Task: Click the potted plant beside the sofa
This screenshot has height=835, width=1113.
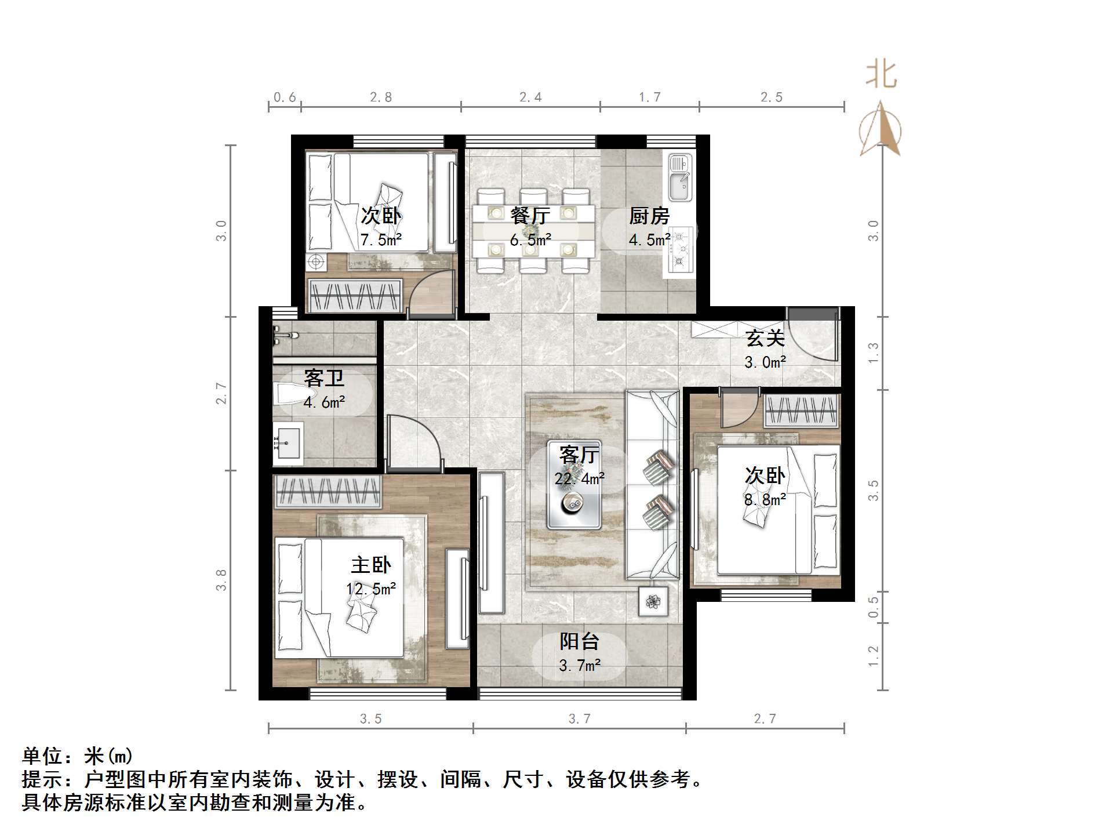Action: (653, 601)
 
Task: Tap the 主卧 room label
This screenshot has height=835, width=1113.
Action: (371, 565)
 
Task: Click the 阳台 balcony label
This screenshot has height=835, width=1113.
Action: (579, 641)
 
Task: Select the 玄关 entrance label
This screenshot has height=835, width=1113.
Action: (765, 338)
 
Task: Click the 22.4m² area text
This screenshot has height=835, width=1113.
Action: (579, 479)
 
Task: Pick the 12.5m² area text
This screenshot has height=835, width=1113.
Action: (371, 589)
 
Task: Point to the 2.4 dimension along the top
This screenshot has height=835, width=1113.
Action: (530, 97)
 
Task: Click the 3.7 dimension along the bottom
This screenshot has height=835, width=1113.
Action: (579, 719)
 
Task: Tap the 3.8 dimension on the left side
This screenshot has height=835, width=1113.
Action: (221, 580)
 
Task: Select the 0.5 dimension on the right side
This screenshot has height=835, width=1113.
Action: (874, 607)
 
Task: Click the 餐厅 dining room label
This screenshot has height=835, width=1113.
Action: (530, 216)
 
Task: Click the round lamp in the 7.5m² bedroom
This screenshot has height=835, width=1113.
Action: (316, 262)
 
